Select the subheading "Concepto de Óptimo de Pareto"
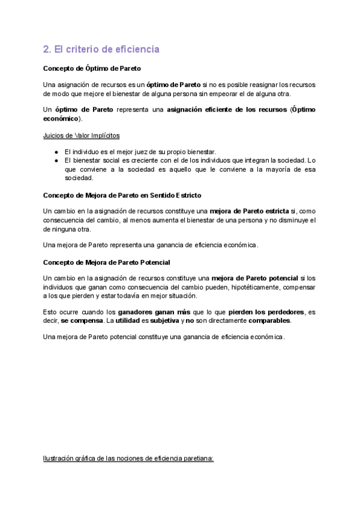tap(92, 68)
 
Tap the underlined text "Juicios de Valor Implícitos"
tap(81, 136)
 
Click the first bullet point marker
tap(56, 151)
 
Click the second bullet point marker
tap(56, 160)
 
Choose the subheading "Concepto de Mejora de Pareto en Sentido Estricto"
tap(122, 195)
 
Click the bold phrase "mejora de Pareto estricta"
tap(253, 211)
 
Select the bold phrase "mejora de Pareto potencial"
tap(255, 278)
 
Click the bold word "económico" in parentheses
tap(61, 119)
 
